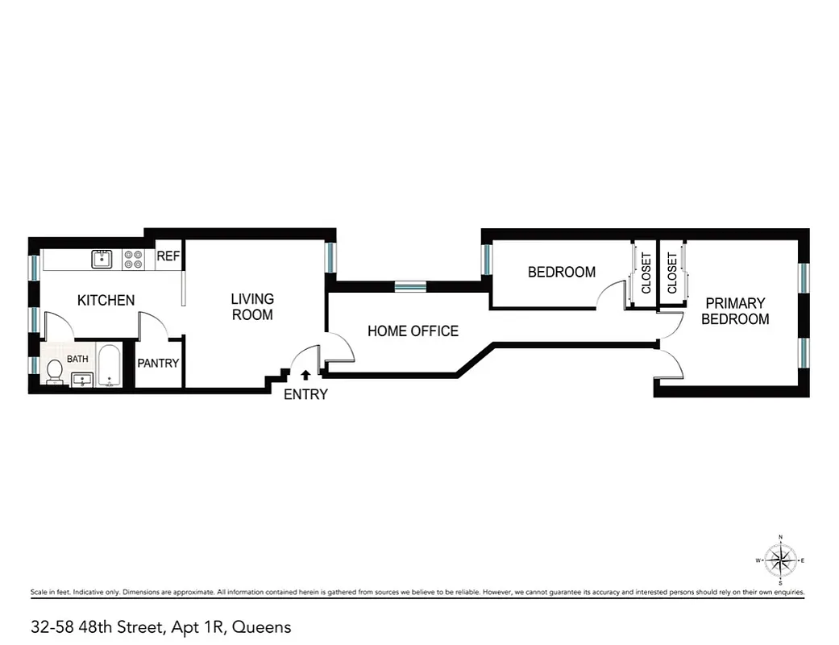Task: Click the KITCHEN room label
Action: click(106, 301)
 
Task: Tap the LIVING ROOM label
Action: click(252, 307)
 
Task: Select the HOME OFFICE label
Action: click(413, 331)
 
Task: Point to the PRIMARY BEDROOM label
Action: click(734, 311)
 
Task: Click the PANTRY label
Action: click(158, 364)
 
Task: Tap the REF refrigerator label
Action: click(168, 257)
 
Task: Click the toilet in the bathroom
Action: click(55, 371)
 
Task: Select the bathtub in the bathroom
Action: click(109, 366)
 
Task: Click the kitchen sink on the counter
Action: click(102, 259)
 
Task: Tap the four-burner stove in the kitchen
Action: click(133, 259)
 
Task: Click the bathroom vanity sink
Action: click(82, 379)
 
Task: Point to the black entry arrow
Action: click(305, 374)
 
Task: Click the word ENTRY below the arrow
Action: click(305, 395)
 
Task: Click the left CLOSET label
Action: click(646, 274)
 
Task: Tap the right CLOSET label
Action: click(672, 274)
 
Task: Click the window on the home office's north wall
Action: click(409, 286)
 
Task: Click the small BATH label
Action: click(77, 359)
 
